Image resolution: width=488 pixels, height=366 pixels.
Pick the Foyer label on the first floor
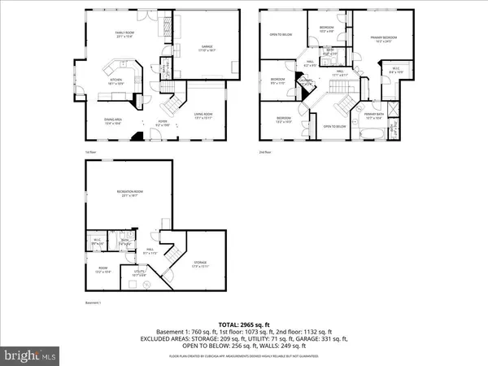(162, 122)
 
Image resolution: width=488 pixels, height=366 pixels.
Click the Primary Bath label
(373, 115)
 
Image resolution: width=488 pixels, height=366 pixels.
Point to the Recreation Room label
(129, 192)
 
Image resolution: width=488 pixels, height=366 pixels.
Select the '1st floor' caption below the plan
(91, 152)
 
